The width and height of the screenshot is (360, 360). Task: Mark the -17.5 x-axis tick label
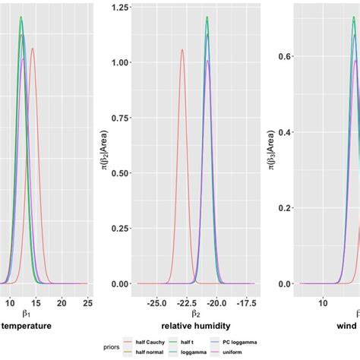(x=248, y=302)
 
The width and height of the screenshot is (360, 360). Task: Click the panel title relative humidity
(x=197, y=325)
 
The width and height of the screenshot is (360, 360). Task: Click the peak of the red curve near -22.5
(x=182, y=50)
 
